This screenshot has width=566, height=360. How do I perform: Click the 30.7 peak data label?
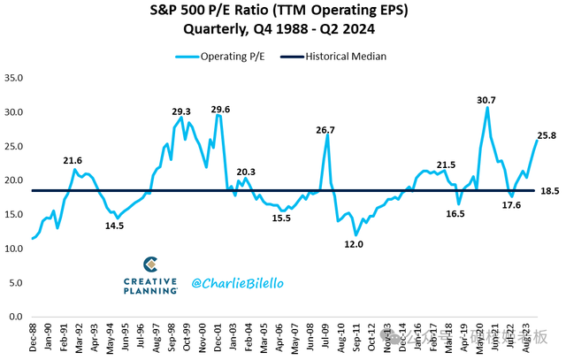click(x=486, y=99)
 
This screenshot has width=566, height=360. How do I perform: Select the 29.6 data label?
click(x=220, y=109)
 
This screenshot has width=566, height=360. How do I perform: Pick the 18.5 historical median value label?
click(x=548, y=191)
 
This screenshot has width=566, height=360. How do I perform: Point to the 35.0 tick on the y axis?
click(x=17, y=78)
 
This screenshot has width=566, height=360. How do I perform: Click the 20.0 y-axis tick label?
click(x=17, y=180)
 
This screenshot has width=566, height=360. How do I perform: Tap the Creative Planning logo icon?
click(x=150, y=264)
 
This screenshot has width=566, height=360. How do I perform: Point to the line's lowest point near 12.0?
click(x=356, y=234)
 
